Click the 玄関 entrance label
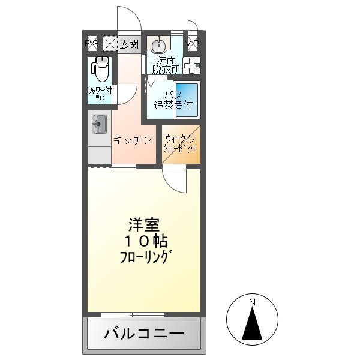[128, 44]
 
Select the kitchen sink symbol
[99, 125]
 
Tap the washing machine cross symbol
[191, 67]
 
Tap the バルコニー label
[144, 333]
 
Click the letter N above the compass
[253, 301]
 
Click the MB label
[193, 44]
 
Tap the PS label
[92, 44]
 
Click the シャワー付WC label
[99, 95]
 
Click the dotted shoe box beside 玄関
[109, 44]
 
